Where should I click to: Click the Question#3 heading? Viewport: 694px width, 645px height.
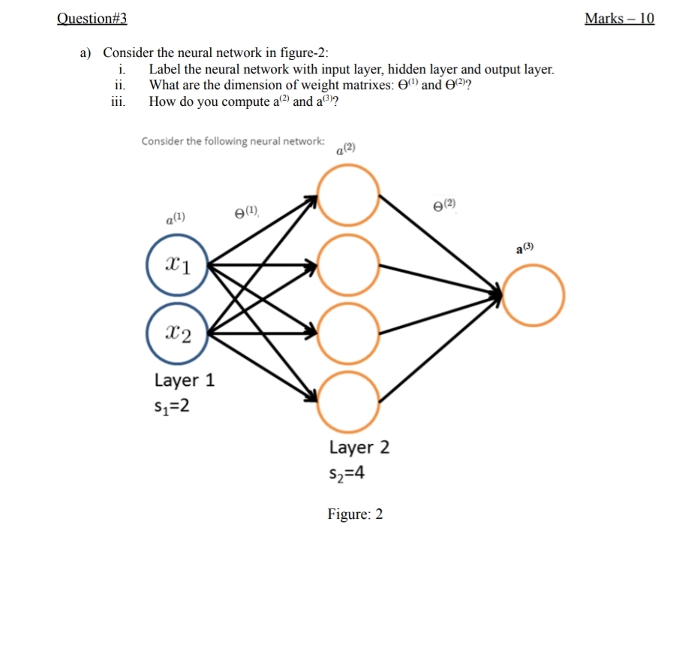point(92,19)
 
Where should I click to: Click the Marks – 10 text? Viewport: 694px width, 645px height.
point(619,19)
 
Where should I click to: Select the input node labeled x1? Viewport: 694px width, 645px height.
point(177,265)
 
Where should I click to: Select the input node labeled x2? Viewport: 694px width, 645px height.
point(177,330)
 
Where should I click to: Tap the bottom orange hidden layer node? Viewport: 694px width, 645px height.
point(348,398)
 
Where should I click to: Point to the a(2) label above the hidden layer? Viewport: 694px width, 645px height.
point(345,149)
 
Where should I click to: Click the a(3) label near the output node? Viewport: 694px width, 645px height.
point(524,248)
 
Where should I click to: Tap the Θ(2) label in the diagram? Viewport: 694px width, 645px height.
point(444,204)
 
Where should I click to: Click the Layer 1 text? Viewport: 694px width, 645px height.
point(185,380)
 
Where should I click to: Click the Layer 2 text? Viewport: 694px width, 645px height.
point(359,448)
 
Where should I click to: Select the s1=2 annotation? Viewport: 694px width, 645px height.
point(171,406)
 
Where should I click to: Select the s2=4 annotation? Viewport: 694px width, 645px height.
point(347,474)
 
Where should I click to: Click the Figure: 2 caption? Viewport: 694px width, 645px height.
point(355,514)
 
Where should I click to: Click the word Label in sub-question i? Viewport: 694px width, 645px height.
point(165,70)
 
